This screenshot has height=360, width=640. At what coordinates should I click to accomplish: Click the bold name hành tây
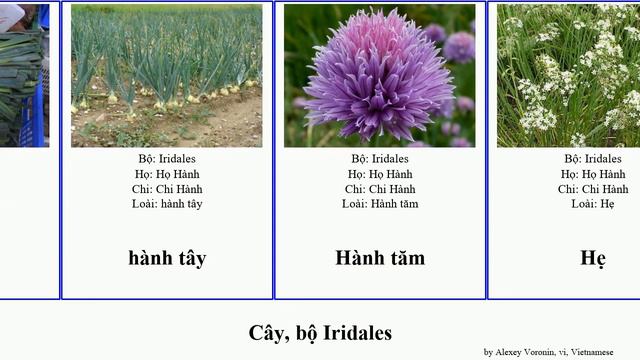pos(167,258)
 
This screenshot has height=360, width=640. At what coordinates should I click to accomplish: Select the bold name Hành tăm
pos(380,258)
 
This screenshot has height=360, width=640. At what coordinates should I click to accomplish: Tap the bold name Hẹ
pos(593,258)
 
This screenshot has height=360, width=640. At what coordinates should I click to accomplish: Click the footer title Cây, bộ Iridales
pos(320,332)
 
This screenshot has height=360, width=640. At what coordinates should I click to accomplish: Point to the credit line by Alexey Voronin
pos(548,352)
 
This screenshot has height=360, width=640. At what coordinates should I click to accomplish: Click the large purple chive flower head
pos(378,76)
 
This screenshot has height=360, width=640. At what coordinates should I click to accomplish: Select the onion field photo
pos(167,76)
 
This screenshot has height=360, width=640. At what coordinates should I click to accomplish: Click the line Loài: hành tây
pos(167,204)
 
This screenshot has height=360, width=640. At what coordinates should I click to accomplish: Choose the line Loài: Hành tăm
pos(380,204)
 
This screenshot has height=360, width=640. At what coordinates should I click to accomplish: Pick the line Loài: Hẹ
pos(593,204)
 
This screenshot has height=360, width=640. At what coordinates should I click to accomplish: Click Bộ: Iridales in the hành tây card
pos(167,159)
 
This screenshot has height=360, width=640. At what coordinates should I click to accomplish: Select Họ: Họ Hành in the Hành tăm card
pos(380,174)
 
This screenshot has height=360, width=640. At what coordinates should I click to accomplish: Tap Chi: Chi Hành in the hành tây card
pos(167,189)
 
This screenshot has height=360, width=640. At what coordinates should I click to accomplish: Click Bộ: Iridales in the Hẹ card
pos(593,159)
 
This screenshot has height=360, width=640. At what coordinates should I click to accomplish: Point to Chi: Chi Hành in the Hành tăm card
pos(380,189)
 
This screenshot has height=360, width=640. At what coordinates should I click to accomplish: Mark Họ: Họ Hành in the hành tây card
pos(167,174)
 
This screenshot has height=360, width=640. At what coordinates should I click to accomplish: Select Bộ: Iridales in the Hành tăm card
pos(380,159)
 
